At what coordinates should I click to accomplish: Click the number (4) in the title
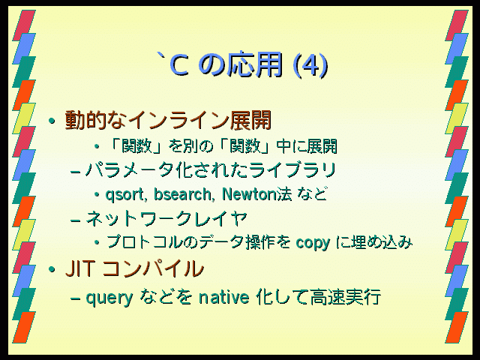(x=310, y=65)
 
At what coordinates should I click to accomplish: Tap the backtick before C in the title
(x=161, y=57)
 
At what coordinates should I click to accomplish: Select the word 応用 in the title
(x=254, y=65)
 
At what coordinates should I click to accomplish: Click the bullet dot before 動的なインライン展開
(x=52, y=121)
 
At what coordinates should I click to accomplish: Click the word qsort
(x=124, y=195)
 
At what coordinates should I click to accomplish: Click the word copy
(x=313, y=244)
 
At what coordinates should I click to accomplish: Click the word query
(x=109, y=298)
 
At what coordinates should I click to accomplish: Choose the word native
(x=223, y=297)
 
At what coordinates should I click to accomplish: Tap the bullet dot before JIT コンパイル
(x=52, y=270)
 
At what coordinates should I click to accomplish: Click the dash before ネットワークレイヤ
(x=75, y=220)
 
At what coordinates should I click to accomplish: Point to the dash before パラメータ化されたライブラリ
(x=75, y=172)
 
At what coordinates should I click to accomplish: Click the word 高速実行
(x=346, y=297)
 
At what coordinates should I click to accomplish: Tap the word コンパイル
(x=152, y=268)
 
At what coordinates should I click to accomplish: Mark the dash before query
(x=75, y=298)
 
